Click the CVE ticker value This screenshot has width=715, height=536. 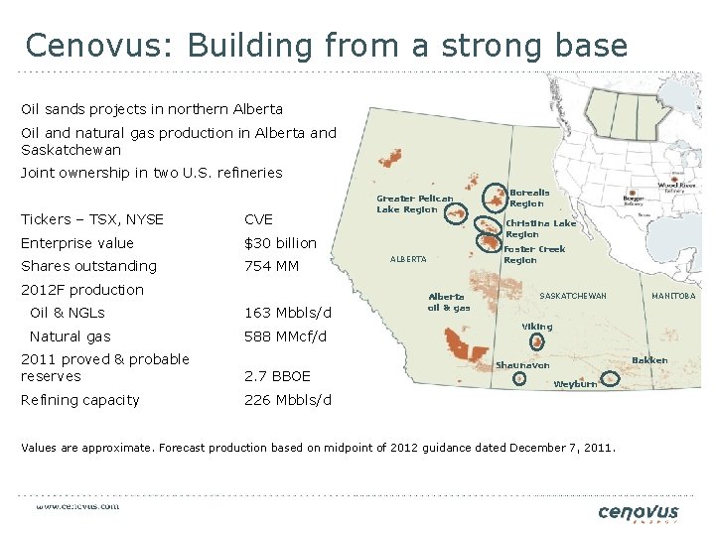point(258,219)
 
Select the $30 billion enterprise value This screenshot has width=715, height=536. point(280,243)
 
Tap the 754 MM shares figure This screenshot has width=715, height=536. point(270,266)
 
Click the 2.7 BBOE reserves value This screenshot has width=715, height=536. point(277,376)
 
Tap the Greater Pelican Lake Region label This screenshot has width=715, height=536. point(414,203)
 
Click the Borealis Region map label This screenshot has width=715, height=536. point(529,198)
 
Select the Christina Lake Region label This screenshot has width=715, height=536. point(540,228)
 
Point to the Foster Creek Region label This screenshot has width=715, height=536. point(534,254)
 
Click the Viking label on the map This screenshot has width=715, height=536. point(537,327)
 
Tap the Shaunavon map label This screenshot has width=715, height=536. point(522,365)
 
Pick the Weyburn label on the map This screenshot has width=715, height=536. point(575,384)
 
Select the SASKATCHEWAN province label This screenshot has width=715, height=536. point(573,296)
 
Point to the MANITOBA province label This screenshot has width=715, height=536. point(673,296)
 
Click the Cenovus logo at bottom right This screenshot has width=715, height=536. point(639,513)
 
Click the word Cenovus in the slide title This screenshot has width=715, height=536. point(88,46)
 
